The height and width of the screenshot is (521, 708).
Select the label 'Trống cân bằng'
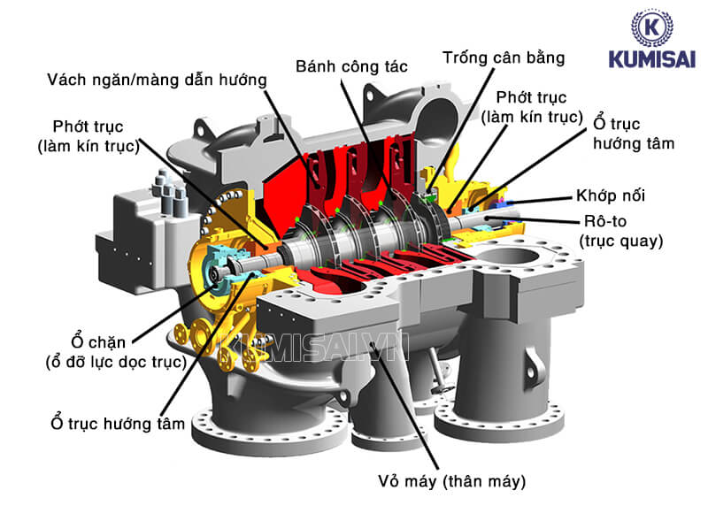pos(503,57)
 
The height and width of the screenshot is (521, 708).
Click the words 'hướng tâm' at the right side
pos(633,143)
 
